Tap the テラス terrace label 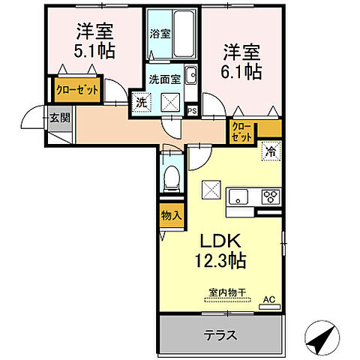point(221,336)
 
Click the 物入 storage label point(170,214)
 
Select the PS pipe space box point(192,111)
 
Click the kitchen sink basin point(238,196)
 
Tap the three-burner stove point(268,196)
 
